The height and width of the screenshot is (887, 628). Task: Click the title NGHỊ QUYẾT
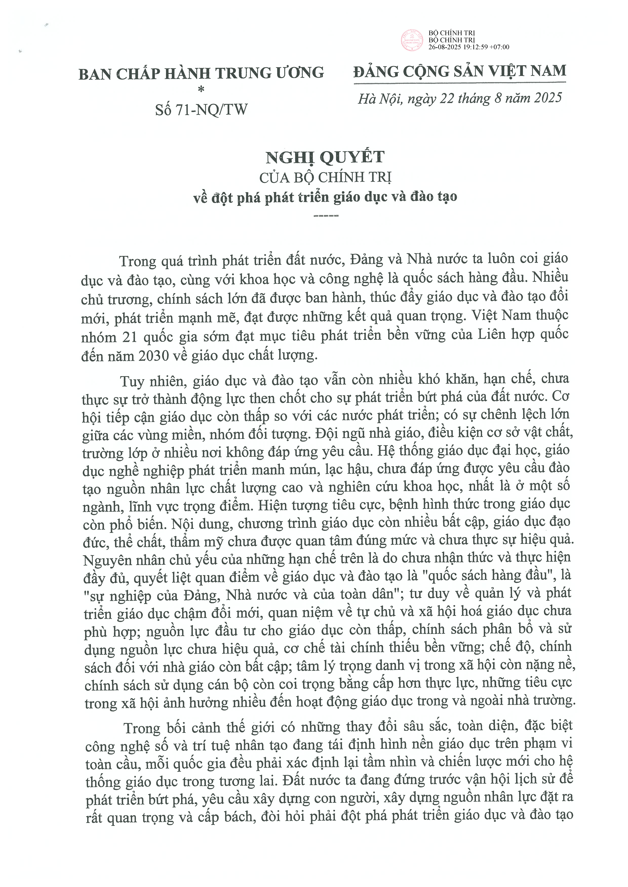tap(325, 157)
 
